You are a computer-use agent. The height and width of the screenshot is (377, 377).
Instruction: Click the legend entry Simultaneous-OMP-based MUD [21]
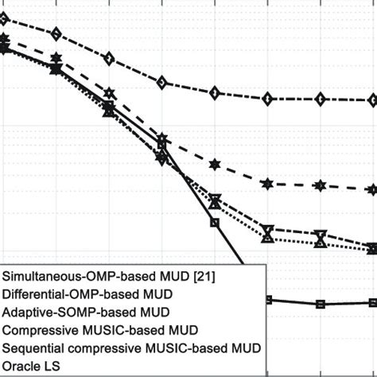tap(109, 276)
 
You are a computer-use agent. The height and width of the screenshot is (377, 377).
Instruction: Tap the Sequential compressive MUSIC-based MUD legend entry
tap(132, 348)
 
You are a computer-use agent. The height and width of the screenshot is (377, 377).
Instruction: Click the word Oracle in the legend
tap(23, 366)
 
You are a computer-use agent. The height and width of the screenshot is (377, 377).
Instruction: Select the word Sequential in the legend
tap(35, 348)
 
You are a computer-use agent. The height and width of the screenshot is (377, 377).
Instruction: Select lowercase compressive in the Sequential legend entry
tap(111, 348)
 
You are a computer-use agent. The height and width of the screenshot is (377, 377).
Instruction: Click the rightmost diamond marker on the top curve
tap(372, 100)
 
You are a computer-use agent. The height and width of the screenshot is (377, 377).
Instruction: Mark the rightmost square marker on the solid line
tap(372, 302)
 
